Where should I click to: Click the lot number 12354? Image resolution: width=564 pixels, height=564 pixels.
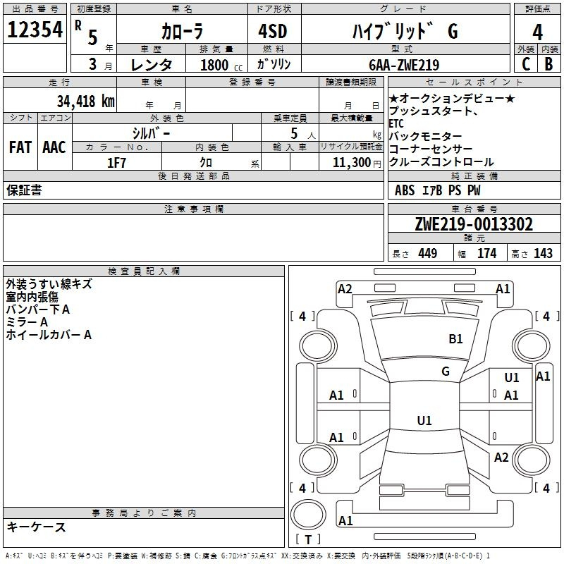[x=35, y=30]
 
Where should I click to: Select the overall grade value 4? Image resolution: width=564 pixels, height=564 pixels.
[x=537, y=32]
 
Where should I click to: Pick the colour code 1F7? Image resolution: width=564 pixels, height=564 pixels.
[x=116, y=163]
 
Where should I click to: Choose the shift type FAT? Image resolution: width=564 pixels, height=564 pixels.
[x=20, y=147]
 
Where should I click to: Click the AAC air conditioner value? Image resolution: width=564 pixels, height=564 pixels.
[x=54, y=147]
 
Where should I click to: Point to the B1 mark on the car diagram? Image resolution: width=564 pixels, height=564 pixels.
[x=456, y=339]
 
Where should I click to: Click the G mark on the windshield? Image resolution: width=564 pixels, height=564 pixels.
[x=445, y=371]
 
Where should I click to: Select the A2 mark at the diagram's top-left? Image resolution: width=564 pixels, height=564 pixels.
[x=345, y=288]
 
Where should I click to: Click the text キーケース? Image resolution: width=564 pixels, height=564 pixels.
[x=36, y=527]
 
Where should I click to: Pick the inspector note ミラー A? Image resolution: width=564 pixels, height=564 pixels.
[x=27, y=322]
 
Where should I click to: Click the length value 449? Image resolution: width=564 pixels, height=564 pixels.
[x=428, y=254]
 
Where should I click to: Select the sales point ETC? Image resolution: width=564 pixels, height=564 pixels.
[x=396, y=123]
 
